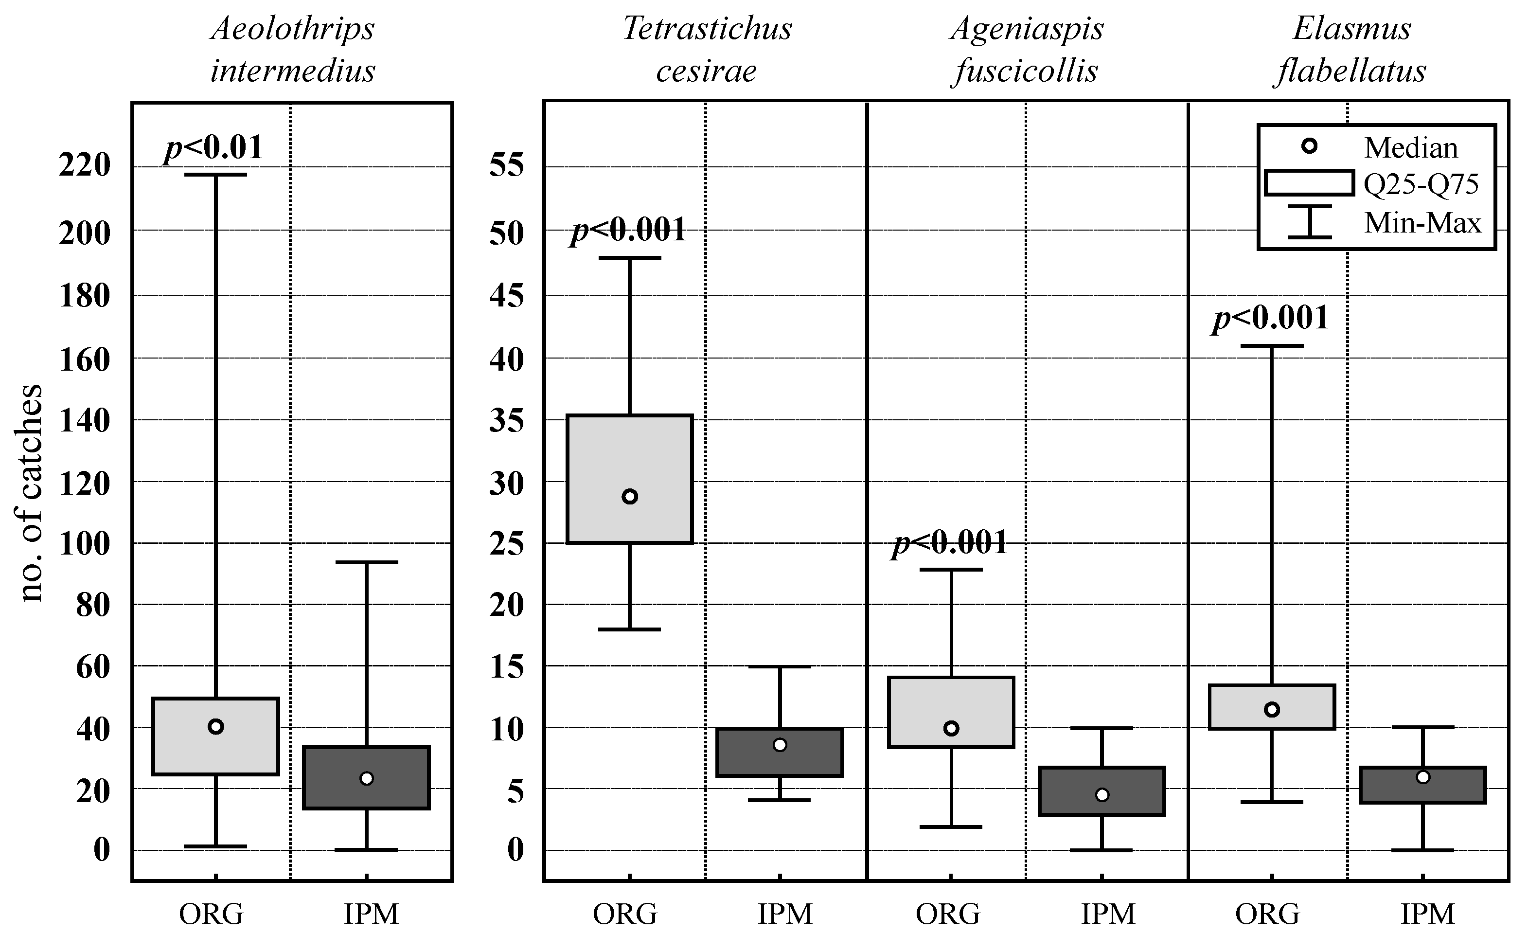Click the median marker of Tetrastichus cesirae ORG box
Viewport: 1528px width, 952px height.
tap(629, 497)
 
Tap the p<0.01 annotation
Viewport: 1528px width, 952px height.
tap(213, 148)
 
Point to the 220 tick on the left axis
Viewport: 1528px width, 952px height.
tap(84, 166)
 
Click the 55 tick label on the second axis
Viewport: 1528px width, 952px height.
tap(507, 166)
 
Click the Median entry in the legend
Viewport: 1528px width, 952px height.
tap(1410, 148)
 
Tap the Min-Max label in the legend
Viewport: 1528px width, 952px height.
tap(1422, 223)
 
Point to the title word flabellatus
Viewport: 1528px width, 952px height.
tap(1351, 71)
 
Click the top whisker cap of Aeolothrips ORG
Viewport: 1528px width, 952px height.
tap(215, 175)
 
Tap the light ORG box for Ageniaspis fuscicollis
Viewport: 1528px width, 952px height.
tap(951, 712)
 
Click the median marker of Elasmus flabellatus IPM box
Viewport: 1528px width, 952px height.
tap(1423, 777)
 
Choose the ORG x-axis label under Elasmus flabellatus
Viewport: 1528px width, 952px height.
tap(1267, 914)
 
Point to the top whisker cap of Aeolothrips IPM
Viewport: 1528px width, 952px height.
tap(366, 562)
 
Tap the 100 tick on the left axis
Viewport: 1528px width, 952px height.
tap(84, 543)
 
